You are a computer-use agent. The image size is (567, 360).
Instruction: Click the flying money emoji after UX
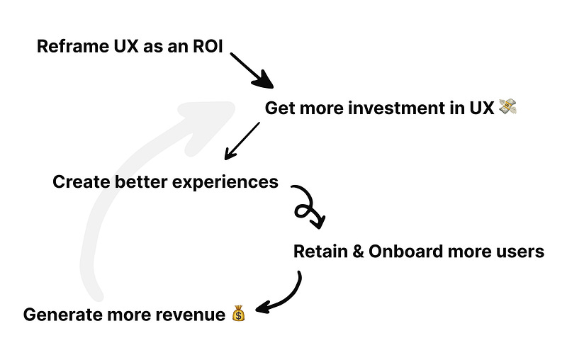pyautogui.click(x=507, y=108)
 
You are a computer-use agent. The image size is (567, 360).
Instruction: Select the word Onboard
pyautogui.click(x=403, y=252)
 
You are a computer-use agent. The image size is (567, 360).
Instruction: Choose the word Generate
pyautogui.click(x=59, y=314)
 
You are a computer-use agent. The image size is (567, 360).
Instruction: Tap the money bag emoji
pyautogui.click(x=238, y=313)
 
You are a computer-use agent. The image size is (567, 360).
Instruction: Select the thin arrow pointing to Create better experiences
pyautogui.click(x=241, y=141)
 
